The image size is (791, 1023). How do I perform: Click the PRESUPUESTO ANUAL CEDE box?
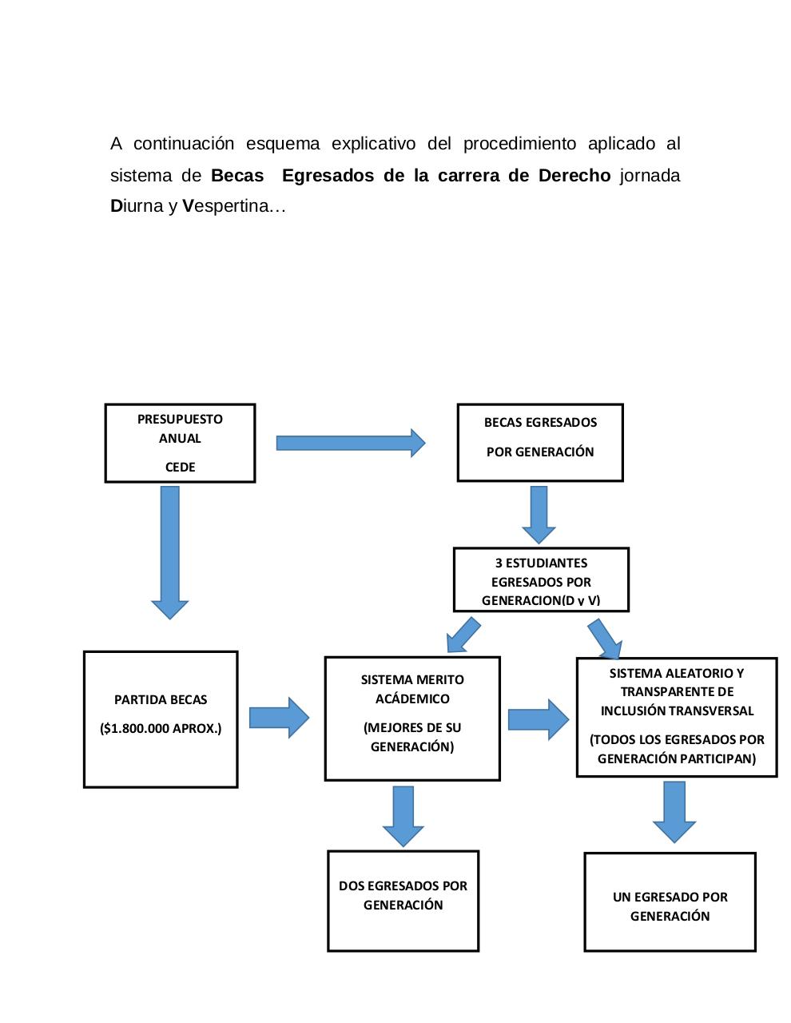pyautogui.click(x=180, y=443)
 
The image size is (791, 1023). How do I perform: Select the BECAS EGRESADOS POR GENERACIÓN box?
pyautogui.click(x=540, y=442)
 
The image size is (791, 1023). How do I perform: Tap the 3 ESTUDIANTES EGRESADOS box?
pyautogui.click(x=541, y=580)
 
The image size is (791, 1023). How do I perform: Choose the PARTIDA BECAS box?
pyautogui.click(x=161, y=718)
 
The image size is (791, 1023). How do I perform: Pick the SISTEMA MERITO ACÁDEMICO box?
pyautogui.click(x=412, y=718)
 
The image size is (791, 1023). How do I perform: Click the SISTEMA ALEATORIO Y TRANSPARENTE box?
pyautogui.click(x=677, y=716)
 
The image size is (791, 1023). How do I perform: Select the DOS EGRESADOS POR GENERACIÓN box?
pyautogui.click(x=403, y=900)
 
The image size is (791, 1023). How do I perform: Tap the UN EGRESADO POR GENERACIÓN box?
pyautogui.click(x=670, y=902)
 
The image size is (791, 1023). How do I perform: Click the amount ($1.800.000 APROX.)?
pyautogui.click(x=161, y=728)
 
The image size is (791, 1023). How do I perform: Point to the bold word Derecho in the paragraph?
pyautogui.click(x=574, y=175)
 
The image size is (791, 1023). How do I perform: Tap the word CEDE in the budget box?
pyautogui.click(x=180, y=467)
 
